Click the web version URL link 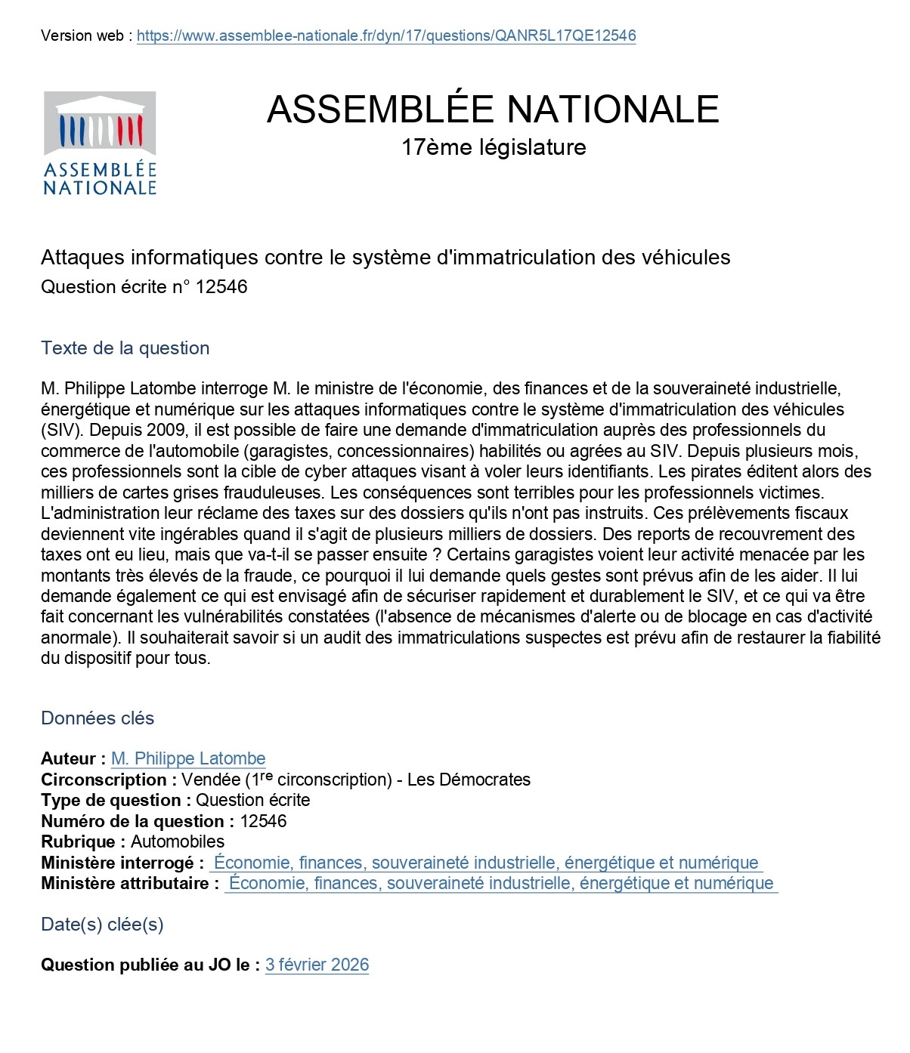tap(386, 36)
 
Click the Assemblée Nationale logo tap(100, 144)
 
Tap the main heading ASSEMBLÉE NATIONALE tap(493, 110)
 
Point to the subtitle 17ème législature tap(494, 147)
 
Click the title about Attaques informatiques tap(385, 258)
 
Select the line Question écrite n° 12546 tap(144, 287)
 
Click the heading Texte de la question tap(125, 348)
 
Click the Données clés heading tap(97, 718)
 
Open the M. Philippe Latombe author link tap(188, 758)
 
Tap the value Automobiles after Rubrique tap(178, 841)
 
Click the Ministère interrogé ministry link tap(486, 863)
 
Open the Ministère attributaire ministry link tap(501, 883)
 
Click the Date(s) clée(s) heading tap(102, 925)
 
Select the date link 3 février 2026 tap(317, 965)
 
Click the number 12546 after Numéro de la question tap(263, 821)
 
